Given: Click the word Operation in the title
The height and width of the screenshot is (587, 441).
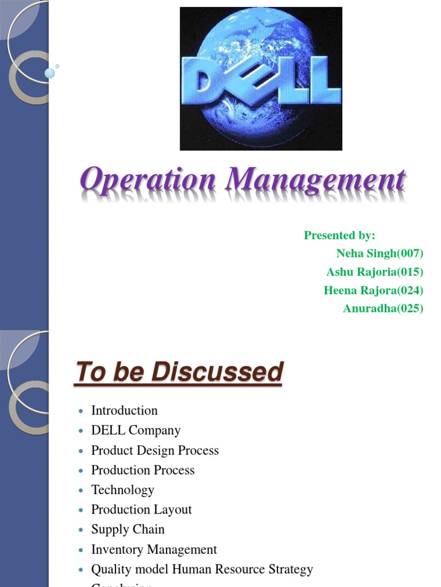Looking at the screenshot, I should [147, 180].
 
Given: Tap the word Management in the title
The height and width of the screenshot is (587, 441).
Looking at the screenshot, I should [316, 180].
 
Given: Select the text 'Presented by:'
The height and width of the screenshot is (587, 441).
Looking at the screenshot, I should [339, 235].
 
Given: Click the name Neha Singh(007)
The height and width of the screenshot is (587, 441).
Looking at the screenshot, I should [380, 253].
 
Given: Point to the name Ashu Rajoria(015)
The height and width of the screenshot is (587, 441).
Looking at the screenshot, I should [374, 272].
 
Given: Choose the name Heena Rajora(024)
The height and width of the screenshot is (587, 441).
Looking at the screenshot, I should [373, 290].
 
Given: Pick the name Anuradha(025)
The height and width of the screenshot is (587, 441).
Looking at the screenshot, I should [383, 308].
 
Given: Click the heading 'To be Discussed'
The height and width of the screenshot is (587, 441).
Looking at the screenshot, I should [179, 373].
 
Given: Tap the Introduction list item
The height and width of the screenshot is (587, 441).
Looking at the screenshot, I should [124, 410].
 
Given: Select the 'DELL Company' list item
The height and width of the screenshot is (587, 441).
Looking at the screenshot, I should [136, 430].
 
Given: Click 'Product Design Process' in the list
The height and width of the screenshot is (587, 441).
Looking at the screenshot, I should [155, 450].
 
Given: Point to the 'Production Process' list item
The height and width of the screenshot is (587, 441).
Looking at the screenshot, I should [143, 470].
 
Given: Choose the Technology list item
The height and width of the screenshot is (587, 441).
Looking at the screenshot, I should [122, 490].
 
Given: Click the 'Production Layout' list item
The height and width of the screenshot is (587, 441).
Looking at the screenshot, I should [141, 510].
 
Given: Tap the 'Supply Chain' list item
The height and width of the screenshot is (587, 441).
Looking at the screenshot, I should [127, 529].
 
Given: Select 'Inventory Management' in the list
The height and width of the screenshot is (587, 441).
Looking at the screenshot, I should [154, 549].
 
